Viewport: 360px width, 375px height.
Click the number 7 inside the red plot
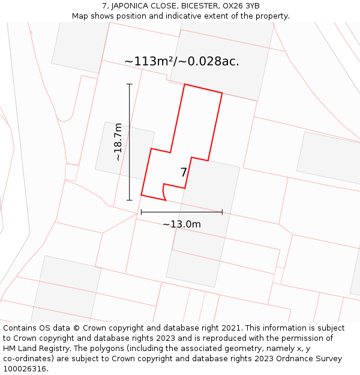click(x=184, y=173)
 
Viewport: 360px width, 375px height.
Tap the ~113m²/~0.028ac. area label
click(x=181, y=61)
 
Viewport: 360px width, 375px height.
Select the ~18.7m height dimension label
click(x=118, y=142)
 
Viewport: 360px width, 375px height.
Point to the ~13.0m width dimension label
click(x=181, y=224)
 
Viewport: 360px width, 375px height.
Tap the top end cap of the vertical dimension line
click(x=129, y=84)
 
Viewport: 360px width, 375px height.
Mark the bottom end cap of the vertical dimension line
click(x=129, y=200)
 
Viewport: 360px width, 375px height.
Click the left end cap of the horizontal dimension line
click(x=141, y=212)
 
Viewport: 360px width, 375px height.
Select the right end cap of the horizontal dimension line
click(x=222, y=212)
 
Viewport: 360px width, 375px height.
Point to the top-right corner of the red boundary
click(x=222, y=93)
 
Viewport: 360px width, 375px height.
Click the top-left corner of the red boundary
click(x=184, y=85)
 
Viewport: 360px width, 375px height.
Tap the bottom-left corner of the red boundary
click(x=141, y=195)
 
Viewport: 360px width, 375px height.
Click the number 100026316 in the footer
click(x=24, y=369)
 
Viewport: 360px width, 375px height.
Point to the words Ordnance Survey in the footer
click(x=305, y=359)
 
